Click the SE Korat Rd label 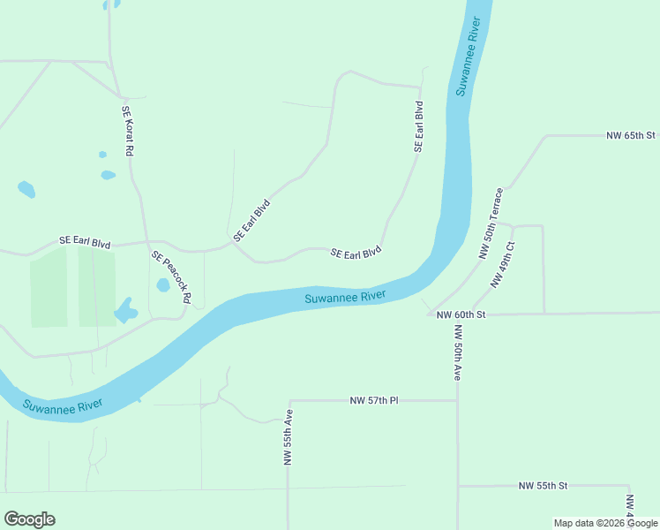pos(127,132)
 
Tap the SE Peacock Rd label pos(171,277)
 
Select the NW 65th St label pos(631,136)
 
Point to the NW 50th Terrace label pos(491,223)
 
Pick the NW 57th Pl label pos(374,401)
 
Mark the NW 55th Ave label pos(288,437)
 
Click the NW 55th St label pos(543,486)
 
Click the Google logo pos(29,519)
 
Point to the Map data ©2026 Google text pos(606,523)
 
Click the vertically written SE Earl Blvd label pos(419,126)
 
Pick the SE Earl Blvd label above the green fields pos(85,240)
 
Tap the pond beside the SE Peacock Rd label pos(163,285)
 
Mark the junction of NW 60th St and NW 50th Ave pos(457,314)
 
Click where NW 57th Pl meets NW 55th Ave pos(289,401)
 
